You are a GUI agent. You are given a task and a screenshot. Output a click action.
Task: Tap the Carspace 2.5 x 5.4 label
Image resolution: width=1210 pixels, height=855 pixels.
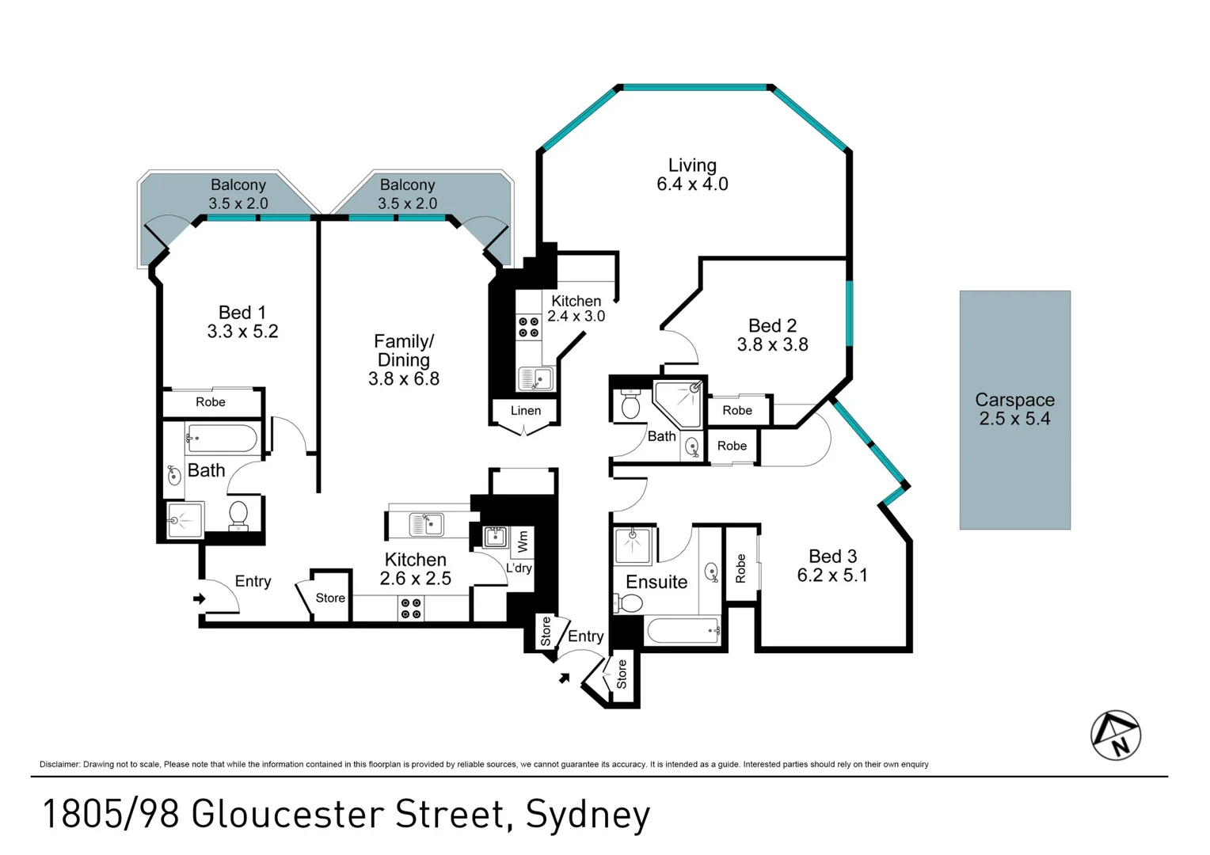1014,408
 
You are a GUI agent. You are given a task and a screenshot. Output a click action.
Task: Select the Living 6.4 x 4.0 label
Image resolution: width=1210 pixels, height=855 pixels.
692,174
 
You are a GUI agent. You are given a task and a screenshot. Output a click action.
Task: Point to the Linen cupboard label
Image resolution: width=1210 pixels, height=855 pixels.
526,411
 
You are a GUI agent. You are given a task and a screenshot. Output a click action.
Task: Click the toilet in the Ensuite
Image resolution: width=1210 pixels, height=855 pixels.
627,603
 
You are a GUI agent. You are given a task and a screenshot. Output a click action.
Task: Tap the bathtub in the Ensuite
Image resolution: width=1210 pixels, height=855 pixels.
683,630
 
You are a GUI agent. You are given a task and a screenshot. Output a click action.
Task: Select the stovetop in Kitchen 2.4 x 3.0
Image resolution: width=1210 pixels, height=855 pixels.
528,327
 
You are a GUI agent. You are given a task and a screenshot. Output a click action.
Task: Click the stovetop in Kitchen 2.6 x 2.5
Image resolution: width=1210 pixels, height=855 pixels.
411,608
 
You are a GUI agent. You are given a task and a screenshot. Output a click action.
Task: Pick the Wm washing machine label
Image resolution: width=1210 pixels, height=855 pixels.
523,541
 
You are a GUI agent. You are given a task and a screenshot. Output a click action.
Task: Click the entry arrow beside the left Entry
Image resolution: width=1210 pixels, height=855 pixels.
200,598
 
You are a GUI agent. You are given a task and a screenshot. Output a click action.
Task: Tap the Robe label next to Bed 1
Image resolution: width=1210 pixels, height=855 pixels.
211,402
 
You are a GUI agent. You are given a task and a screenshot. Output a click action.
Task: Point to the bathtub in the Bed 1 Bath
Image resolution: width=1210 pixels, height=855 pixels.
222,439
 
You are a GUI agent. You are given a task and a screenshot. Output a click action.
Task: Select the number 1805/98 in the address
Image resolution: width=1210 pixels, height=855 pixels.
111,814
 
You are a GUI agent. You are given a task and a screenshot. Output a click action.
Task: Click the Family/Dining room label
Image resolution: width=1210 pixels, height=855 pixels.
404,359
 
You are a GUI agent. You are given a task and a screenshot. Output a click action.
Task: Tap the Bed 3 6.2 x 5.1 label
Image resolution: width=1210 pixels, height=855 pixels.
832,565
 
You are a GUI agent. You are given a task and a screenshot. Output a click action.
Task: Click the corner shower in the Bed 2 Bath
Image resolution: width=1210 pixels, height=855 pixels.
679,405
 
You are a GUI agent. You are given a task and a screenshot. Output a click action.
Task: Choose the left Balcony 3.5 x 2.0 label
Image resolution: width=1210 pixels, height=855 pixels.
238,194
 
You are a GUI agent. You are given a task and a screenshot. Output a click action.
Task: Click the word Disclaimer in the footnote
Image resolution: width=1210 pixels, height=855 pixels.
59,764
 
